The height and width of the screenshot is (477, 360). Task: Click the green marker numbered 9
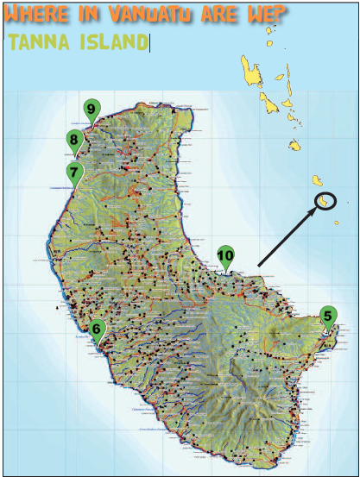coord(91,109)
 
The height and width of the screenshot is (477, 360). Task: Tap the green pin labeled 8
coord(74,140)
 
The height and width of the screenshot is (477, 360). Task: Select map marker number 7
coord(75,171)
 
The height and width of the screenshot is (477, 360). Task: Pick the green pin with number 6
coord(97,328)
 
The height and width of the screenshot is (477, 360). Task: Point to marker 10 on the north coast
coord(224,255)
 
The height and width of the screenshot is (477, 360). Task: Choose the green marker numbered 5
coord(328,317)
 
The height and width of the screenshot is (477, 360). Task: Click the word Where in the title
coord(35,15)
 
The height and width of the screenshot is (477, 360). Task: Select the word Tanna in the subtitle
coord(39,42)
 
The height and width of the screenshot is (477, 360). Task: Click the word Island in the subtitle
coord(111,42)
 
